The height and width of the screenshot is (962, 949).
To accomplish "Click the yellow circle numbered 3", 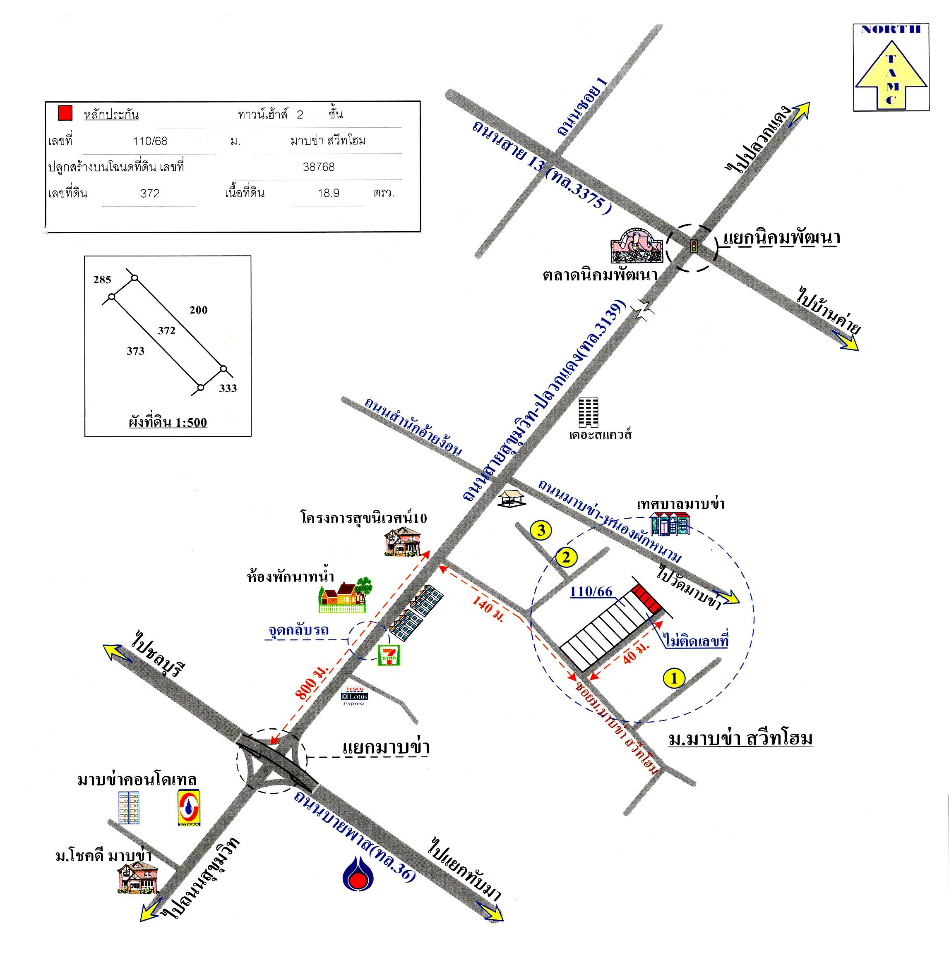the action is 541,530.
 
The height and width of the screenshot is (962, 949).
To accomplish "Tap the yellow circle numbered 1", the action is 674,678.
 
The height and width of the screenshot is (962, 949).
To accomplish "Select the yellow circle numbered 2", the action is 565,557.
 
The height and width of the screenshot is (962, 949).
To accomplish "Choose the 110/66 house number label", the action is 591,591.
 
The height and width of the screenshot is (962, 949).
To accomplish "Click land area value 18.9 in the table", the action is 328,193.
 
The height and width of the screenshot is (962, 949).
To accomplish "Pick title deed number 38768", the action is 319,167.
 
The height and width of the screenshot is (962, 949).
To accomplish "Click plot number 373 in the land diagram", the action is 135,351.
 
